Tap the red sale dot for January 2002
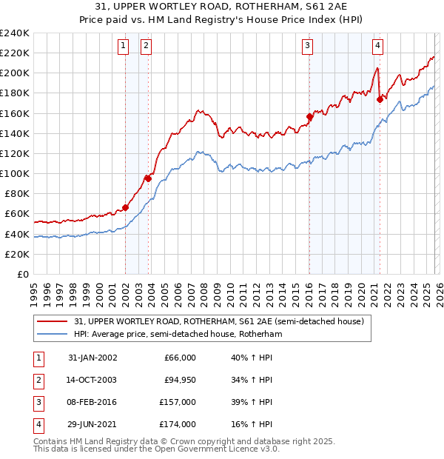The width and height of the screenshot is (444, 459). [x=125, y=207]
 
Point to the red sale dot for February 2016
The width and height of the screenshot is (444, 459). [x=309, y=116]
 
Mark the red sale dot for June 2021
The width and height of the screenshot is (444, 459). [x=380, y=99]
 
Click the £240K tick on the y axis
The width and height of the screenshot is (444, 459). [x=15, y=33]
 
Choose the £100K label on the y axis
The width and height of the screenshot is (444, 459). [x=15, y=173]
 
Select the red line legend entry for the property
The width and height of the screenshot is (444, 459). [x=218, y=322]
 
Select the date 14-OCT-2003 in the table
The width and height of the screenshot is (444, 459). [x=92, y=380]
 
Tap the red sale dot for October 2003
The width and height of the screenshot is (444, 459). [x=148, y=178]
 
